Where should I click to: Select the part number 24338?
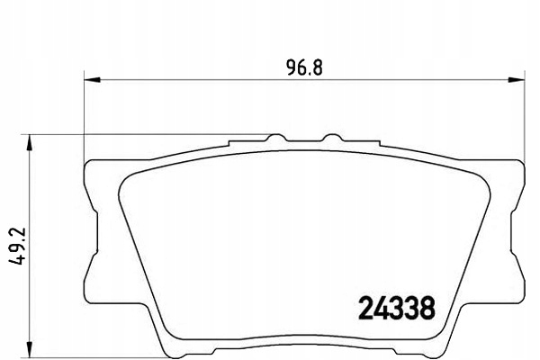coord(391,307)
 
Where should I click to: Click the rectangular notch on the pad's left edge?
coord(91,233)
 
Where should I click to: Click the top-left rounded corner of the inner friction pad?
coord(126,175)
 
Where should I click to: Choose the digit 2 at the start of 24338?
coord(355,307)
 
